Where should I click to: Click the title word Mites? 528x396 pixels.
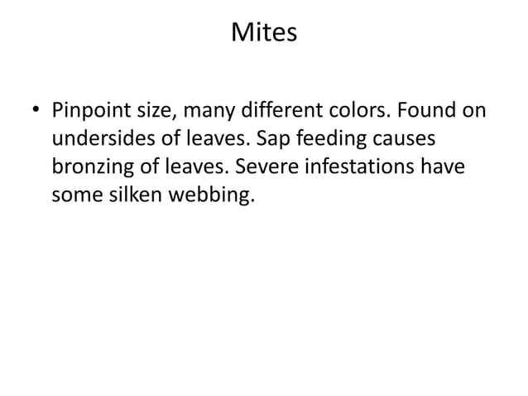coord(264,35)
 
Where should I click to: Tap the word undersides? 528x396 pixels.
coord(96,138)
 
